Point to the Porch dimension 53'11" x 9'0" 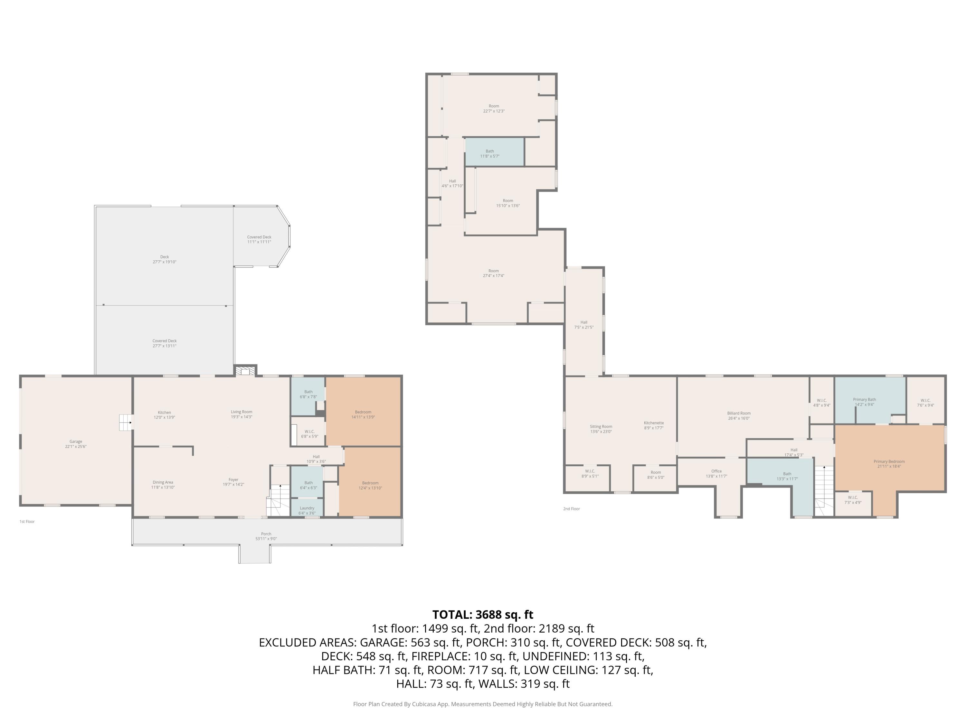266,539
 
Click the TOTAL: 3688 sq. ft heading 483,615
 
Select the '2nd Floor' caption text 571,509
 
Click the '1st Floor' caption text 27,522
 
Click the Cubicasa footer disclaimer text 483,704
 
